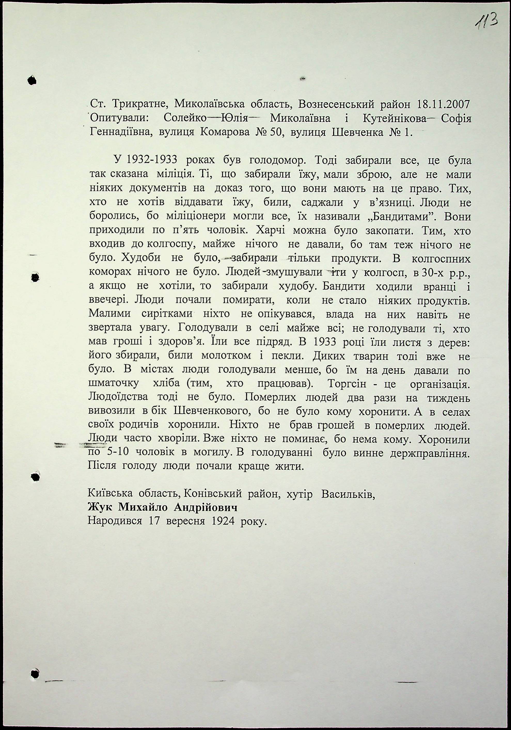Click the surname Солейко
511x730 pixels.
pos(185,119)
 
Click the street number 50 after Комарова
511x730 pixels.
pos(274,132)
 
